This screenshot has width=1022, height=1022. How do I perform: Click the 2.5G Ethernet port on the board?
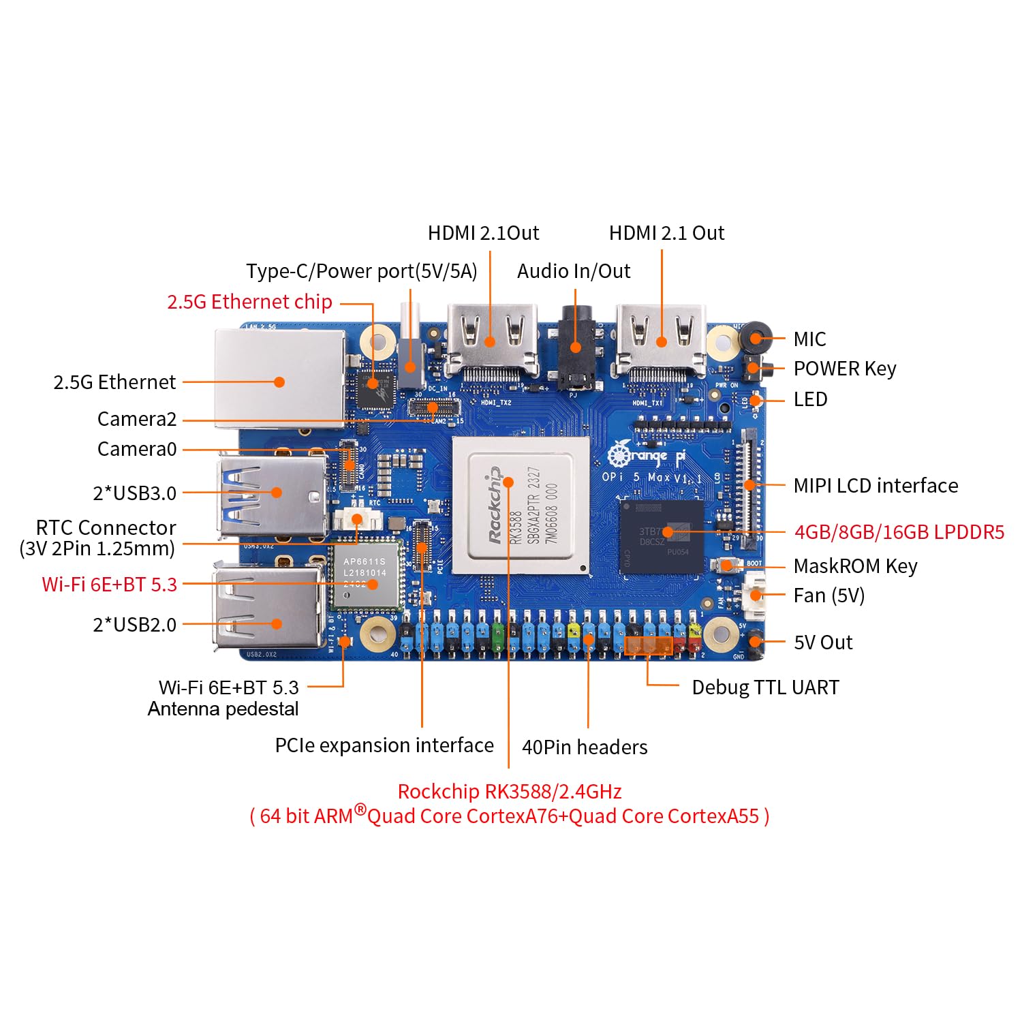[279, 379]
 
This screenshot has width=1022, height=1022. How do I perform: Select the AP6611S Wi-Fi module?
[365, 576]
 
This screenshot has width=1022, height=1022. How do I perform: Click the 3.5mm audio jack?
[576, 347]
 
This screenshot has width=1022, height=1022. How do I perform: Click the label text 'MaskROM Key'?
[855, 566]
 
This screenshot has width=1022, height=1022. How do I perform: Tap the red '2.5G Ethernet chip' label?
[249, 302]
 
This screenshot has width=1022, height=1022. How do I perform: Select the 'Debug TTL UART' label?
[765, 687]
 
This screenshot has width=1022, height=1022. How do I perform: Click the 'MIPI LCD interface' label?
[876, 486]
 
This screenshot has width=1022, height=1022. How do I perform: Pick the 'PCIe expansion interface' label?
[384, 745]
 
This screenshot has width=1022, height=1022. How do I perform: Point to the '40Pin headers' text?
[585, 747]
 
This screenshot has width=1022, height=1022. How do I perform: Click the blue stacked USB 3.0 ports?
[273, 495]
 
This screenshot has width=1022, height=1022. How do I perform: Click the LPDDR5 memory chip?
[662, 536]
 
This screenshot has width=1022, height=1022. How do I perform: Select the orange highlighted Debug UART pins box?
[649, 645]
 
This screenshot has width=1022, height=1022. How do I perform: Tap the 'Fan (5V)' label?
[829, 596]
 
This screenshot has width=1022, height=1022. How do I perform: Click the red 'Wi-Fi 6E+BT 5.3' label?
[109, 585]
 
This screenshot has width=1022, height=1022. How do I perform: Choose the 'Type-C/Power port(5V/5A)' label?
[361, 271]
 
